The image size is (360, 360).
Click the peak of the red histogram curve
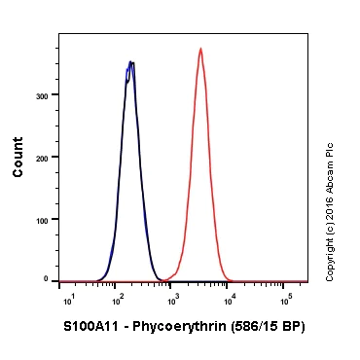point(200,49)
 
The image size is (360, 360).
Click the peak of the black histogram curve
point(130,63)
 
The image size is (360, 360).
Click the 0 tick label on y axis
point(47,279)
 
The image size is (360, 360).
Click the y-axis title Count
point(18,161)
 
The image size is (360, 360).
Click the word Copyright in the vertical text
point(331,259)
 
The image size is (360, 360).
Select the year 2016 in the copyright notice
point(331,204)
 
